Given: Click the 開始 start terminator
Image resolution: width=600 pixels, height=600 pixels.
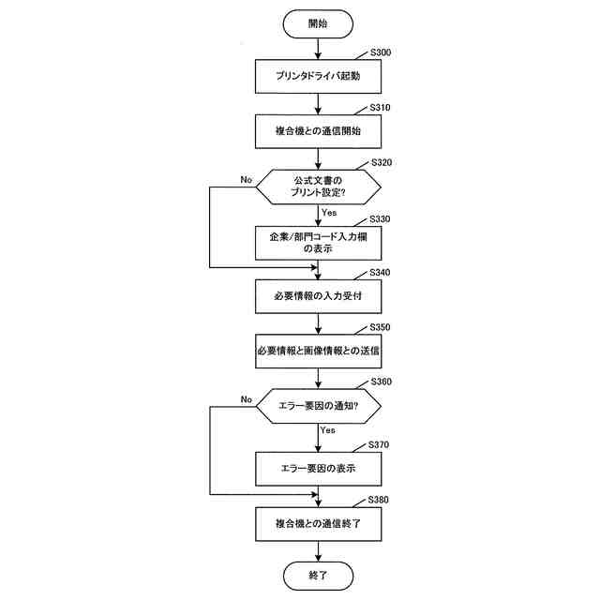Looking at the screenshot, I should pyautogui.click(x=318, y=22).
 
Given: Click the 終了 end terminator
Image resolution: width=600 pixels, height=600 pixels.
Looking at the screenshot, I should pyautogui.click(x=318, y=574).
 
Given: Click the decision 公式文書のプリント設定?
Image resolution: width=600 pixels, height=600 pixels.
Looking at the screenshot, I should pyautogui.click(x=318, y=187).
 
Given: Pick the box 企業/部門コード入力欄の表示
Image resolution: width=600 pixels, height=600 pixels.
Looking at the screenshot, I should pyautogui.click(x=318, y=243).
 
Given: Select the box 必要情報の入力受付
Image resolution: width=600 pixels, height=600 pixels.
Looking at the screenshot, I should pyautogui.click(x=318, y=297).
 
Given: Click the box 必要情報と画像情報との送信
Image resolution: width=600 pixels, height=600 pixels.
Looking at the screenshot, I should pyautogui.click(x=318, y=352).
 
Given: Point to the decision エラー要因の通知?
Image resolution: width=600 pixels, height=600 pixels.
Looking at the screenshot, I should pyautogui.click(x=318, y=406).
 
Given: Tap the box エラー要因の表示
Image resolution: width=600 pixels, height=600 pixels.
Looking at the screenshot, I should pyautogui.click(x=318, y=467).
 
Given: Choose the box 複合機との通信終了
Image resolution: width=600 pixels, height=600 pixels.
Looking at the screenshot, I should pyautogui.click(x=318, y=522).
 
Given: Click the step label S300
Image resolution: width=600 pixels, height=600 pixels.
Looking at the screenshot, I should pyautogui.click(x=381, y=52).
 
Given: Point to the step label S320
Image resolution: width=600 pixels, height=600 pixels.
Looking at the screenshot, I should pyautogui.click(x=381, y=162).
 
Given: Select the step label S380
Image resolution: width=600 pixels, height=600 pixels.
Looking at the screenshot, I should pyautogui.click(x=381, y=500).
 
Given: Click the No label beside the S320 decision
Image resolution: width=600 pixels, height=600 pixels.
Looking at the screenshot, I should pyautogui.click(x=246, y=179).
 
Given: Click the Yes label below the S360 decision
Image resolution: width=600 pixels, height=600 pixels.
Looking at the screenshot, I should pyautogui.click(x=328, y=429).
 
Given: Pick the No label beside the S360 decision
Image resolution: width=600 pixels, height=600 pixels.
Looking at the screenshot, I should pyautogui.click(x=246, y=399).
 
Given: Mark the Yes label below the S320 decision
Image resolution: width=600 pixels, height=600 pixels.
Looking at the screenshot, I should pyautogui.click(x=329, y=212).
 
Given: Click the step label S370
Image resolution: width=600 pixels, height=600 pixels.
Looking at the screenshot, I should pyautogui.click(x=381, y=443).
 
